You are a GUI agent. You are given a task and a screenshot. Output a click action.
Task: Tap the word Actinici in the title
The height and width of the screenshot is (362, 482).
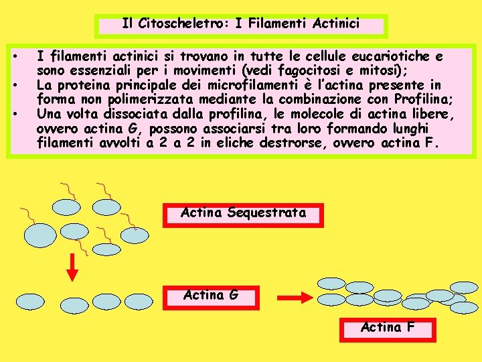336,24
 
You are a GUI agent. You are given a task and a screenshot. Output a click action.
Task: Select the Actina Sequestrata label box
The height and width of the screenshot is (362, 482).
243,214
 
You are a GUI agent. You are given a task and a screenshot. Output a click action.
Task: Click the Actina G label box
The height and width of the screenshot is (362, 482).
210,296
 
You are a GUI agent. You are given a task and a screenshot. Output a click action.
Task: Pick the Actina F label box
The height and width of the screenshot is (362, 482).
388,328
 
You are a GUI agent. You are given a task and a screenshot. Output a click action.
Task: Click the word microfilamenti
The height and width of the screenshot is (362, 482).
219,85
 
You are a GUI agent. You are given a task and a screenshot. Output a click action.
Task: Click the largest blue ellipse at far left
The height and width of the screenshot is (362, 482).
41,234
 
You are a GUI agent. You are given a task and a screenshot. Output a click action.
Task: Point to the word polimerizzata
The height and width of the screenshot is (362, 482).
131,99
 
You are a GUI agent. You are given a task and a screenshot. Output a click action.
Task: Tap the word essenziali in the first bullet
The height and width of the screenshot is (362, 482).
94,70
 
